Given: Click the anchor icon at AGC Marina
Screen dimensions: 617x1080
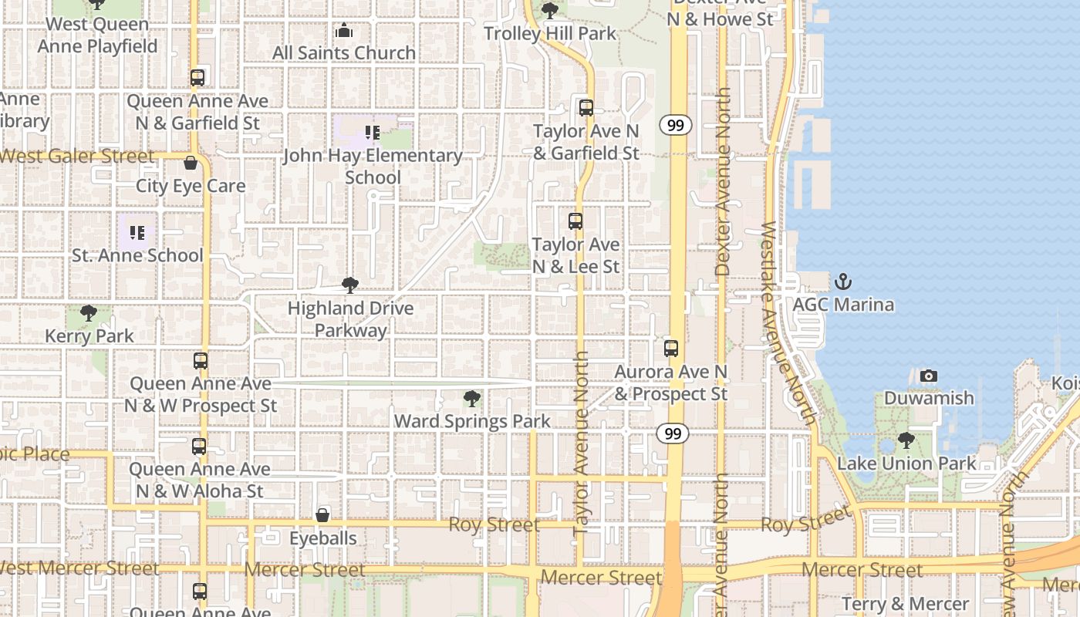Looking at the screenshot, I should pos(843,282).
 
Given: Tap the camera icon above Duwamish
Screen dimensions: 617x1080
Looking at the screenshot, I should pos(929,376).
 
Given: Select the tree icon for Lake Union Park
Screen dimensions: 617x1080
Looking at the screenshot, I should pos(906,441).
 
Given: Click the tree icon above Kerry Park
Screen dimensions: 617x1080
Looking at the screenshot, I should pos(89,313).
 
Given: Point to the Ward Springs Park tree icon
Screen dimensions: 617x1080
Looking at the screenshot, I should pos(472,399).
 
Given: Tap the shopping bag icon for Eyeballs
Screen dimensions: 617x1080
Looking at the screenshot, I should pos(322,515).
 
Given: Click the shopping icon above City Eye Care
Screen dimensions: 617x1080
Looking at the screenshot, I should pos(191,163).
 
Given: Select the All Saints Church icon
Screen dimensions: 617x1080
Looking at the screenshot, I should pos(344,31).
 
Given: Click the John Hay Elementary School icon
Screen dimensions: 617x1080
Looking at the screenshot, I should pos(373,133).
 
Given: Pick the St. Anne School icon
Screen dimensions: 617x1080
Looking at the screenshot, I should pos(137,232).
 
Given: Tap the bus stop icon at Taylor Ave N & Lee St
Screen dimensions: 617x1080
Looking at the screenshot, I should pos(575,221).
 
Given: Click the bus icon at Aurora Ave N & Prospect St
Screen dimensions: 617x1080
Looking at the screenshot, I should pos(671,349).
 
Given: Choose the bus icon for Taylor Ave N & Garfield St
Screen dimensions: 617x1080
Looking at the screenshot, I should pos(586,108).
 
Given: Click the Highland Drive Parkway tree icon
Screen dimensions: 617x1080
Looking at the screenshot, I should pos(350,285).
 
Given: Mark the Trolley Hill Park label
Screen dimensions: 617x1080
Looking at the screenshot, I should pos(550,33).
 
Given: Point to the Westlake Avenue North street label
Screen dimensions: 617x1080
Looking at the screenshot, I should pos(788,324).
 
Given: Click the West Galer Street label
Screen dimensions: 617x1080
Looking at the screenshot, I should pos(77,157).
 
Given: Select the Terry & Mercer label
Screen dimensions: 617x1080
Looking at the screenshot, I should pos(906,603).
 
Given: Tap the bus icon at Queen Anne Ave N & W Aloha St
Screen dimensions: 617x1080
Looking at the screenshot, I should pos(199,447).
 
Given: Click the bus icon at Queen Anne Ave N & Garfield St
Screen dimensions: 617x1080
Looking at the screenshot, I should pos(197,78).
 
